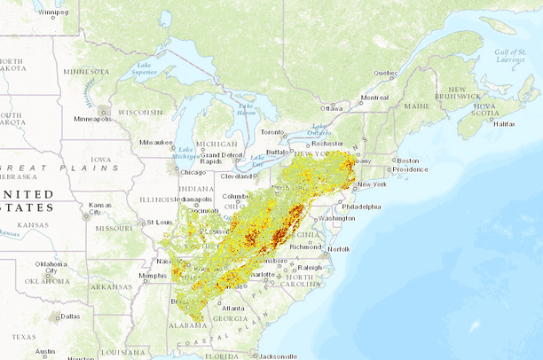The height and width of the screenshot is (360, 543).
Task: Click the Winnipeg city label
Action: tap(52, 13)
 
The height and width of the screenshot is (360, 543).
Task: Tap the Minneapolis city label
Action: tap(93, 119)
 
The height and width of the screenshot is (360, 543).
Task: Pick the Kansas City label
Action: tap(100, 209)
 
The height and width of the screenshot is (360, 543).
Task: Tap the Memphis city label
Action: tap(153, 275)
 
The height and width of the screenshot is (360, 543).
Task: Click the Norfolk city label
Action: tap(338, 249)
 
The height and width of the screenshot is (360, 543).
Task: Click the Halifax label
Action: tap(504, 124)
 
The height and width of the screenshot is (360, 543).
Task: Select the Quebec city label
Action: tap(385, 73)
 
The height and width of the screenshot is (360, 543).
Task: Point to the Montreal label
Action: tap(374, 98)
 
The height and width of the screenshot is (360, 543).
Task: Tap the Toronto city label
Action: tap(271, 131)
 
